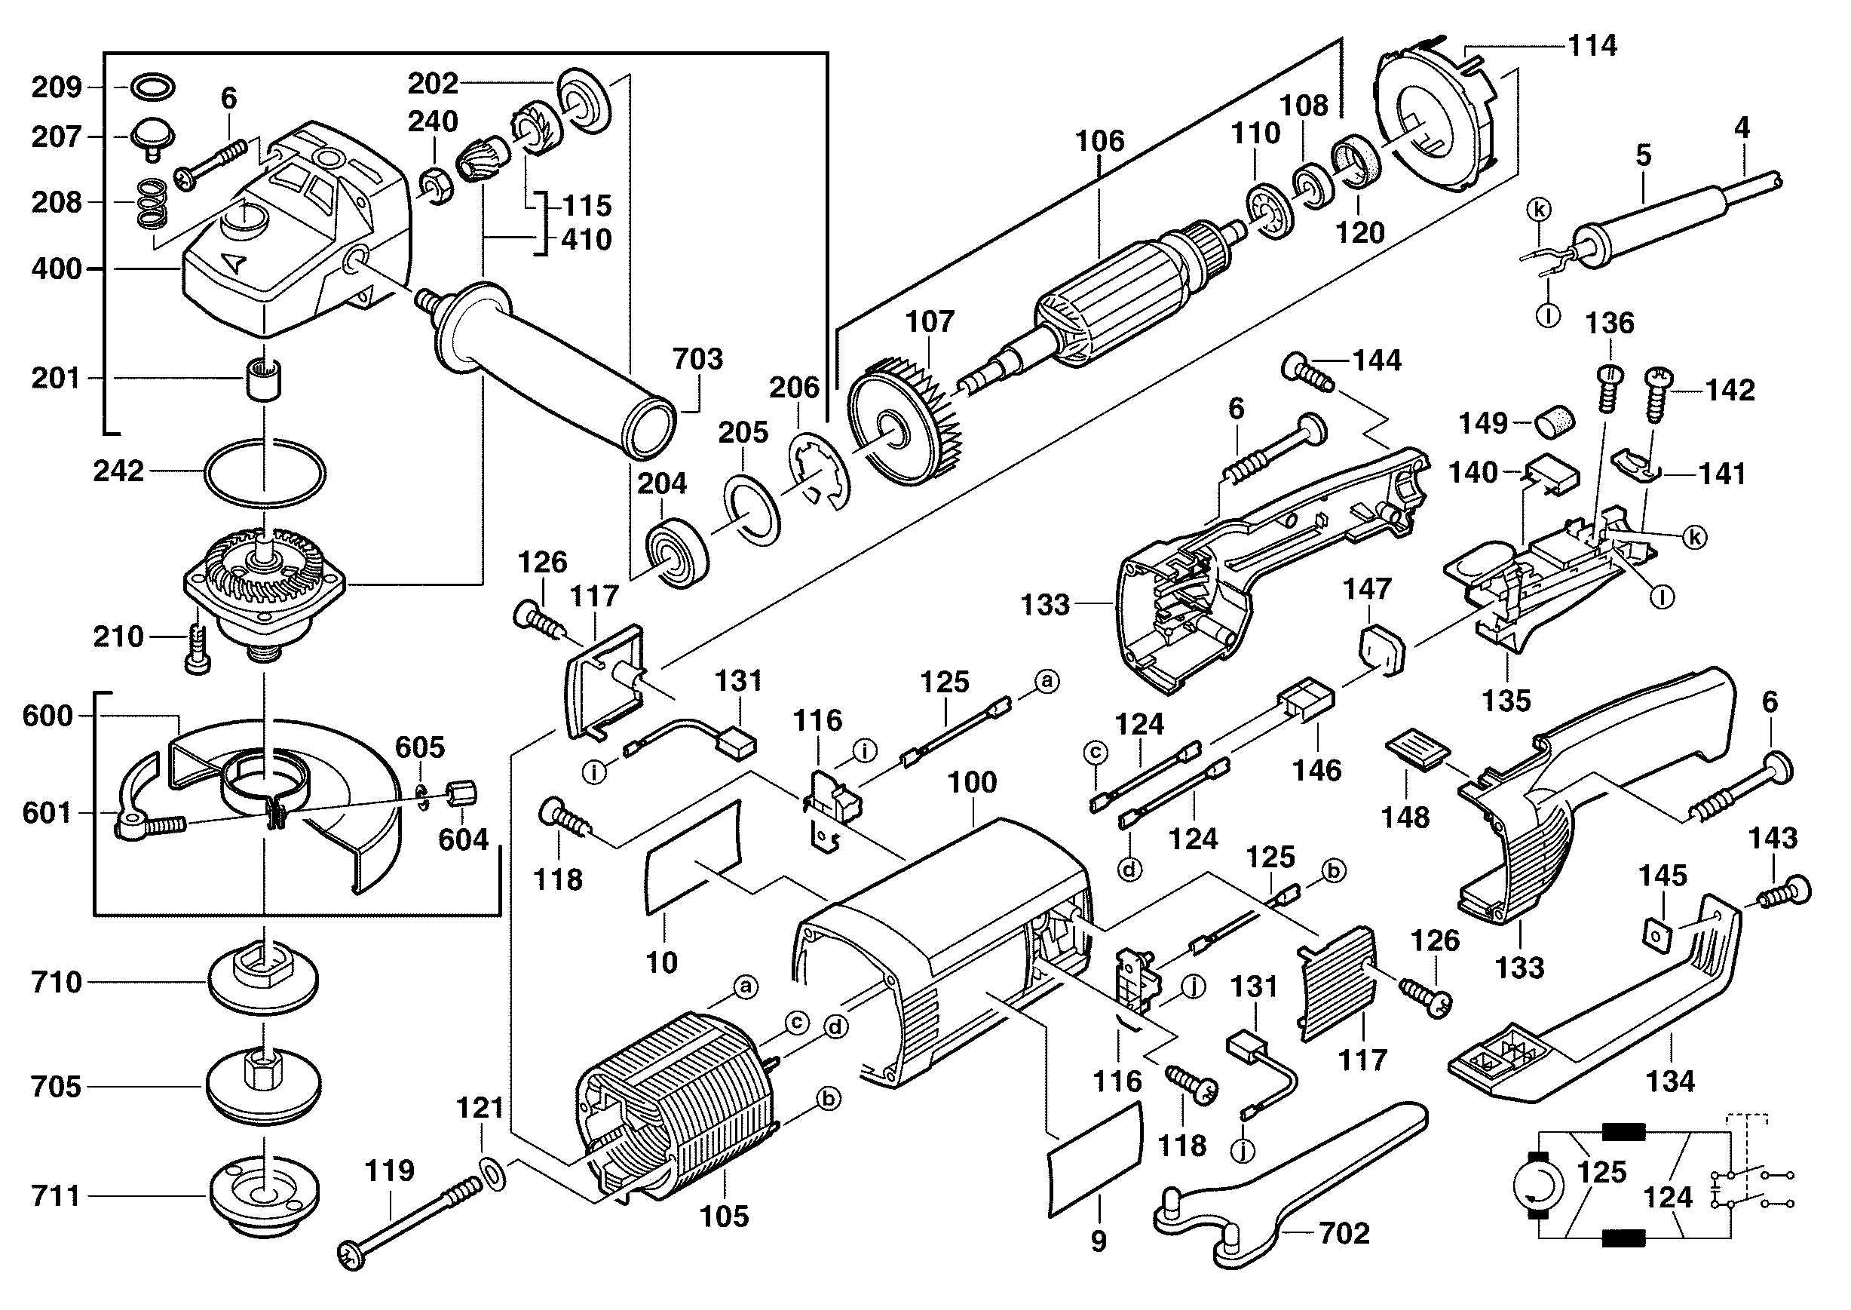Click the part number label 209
(x=57, y=87)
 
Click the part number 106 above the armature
(x=1099, y=142)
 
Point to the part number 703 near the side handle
(x=697, y=359)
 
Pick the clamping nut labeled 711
(x=264, y=1195)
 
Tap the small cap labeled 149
(x=1555, y=422)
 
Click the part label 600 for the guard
(x=48, y=716)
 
